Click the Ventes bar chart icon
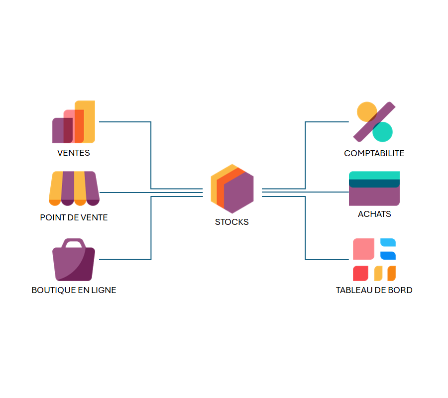74,122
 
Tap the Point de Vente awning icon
74,189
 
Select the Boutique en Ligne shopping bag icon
74,261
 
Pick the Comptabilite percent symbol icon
374,122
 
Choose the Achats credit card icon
374,189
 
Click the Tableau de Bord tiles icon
374,260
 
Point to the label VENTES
74,153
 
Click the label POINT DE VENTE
74,217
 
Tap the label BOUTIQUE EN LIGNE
74,290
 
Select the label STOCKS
232,222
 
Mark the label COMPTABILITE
374,153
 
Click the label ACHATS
374,214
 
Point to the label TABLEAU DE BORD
374,290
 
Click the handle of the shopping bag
74,242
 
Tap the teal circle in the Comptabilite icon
383,132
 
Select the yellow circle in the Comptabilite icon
366,111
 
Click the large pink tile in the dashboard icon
363,249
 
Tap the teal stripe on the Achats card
374,175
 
